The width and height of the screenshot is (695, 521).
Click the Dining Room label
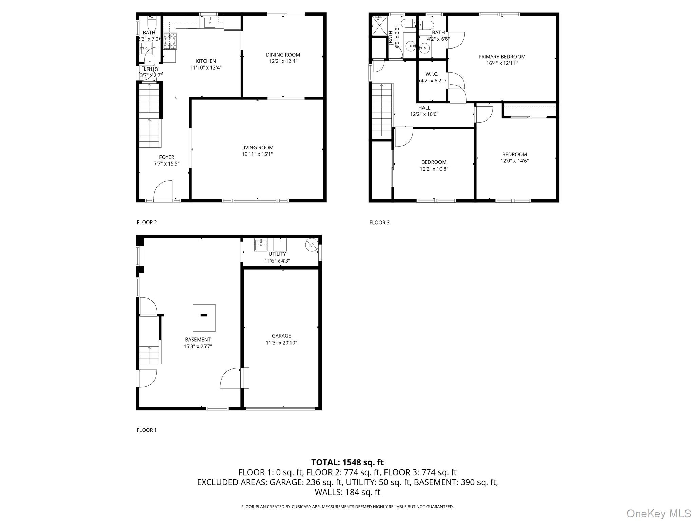tap(283, 55)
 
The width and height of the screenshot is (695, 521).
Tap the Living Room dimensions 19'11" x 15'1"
tap(257, 154)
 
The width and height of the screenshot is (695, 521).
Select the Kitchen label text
tap(206, 61)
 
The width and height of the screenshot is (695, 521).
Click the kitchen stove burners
tap(170, 41)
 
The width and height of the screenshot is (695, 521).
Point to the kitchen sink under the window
tap(209, 22)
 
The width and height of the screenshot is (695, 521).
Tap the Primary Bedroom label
tap(502, 57)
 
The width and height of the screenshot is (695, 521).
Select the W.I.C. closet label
tap(432, 74)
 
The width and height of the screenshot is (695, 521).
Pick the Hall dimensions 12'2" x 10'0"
tap(424, 114)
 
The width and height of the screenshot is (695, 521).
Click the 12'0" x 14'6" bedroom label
tap(514, 158)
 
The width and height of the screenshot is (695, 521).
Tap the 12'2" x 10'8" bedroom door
tap(403, 137)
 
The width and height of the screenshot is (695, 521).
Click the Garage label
tap(281, 336)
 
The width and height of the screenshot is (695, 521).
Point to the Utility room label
tap(277, 254)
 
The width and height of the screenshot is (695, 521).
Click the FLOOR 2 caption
tap(147, 223)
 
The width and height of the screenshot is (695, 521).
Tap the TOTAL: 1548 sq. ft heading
tap(347, 462)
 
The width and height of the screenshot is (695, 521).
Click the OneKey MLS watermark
tap(658, 513)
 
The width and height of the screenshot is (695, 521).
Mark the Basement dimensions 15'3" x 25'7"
tap(198, 346)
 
